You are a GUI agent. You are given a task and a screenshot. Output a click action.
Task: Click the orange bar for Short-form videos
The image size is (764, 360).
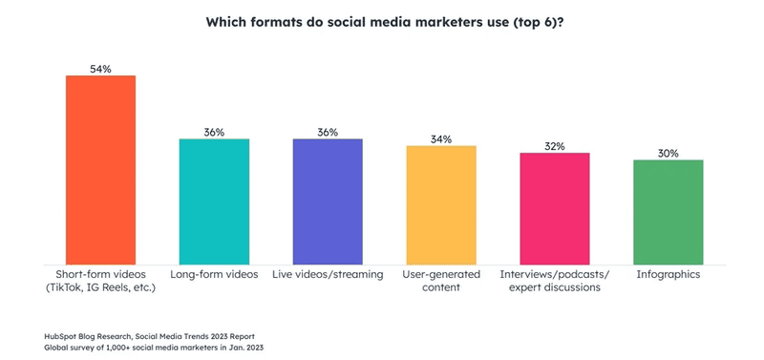(100, 170)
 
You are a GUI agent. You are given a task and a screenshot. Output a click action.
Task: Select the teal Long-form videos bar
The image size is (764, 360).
(214, 201)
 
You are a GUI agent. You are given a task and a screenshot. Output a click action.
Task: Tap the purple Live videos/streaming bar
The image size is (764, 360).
(328, 201)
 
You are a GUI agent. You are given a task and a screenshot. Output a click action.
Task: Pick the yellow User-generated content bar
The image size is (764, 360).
(441, 205)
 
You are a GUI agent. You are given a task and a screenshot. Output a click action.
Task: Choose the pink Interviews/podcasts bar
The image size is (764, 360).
(555, 209)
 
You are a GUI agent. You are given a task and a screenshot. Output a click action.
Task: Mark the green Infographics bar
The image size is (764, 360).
(668, 212)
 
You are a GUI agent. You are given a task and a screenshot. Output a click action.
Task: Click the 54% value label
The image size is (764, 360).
(100, 69)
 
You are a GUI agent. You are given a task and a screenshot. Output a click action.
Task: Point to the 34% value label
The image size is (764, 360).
(441, 139)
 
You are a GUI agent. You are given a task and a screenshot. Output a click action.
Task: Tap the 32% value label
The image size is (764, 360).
(555, 146)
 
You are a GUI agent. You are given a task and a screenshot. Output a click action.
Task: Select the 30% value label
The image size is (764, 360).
(668, 154)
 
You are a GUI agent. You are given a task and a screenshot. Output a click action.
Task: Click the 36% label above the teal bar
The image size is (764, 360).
(214, 133)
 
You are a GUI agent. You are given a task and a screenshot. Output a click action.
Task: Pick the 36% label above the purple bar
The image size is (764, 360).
(328, 133)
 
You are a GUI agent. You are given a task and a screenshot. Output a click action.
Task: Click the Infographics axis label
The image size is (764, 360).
(668, 275)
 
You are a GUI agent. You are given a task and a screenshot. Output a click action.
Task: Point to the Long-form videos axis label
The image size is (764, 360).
(214, 275)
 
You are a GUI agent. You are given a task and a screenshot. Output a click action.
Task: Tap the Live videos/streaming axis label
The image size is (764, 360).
(328, 275)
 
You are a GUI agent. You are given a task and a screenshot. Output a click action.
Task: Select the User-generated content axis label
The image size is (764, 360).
(441, 281)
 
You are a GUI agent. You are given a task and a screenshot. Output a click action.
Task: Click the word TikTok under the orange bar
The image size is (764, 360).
(65, 287)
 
